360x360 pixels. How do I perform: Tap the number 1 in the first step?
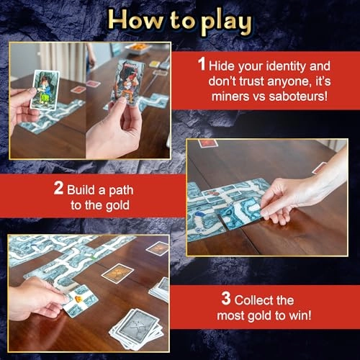coord(203,64)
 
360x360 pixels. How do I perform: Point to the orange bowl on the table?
coord(135,48)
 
